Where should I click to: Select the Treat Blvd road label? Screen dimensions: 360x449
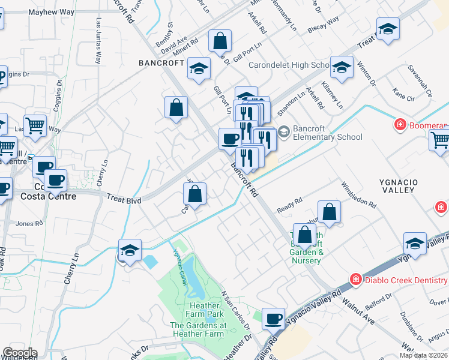pos(124,198)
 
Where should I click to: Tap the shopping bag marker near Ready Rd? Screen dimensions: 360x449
pos(329,212)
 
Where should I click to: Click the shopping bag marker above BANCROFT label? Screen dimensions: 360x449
pos(220,41)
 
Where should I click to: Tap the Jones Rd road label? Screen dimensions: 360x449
pos(29,224)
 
